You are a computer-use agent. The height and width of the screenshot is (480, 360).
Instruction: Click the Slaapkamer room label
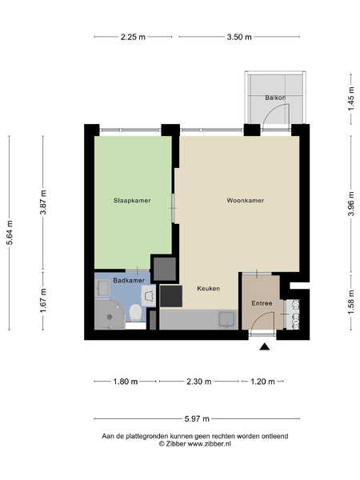(132, 201)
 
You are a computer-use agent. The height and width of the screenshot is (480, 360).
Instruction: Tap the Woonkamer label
(246, 201)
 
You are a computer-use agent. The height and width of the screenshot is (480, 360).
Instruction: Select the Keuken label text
(208, 288)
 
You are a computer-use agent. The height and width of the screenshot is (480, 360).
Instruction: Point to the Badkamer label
(129, 280)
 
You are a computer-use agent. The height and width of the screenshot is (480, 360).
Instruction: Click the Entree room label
(262, 303)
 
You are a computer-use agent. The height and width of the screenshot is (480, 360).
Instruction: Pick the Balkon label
(275, 98)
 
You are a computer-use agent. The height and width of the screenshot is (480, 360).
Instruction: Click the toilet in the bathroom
(135, 313)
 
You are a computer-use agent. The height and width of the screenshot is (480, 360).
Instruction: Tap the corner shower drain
(110, 317)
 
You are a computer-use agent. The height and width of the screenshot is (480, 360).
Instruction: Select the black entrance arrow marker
(265, 346)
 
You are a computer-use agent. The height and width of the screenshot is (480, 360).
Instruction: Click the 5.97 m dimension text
(197, 418)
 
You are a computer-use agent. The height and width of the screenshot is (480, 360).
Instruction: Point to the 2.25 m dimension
(133, 37)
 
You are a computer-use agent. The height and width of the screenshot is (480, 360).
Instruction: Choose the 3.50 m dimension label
(239, 37)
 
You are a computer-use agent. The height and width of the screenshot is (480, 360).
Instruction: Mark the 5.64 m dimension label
(10, 232)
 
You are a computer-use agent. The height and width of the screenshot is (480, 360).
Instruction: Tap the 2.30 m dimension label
(199, 382)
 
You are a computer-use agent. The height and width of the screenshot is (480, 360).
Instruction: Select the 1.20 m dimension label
(262, 382)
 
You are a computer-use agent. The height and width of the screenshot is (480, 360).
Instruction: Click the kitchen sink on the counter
(226, 319)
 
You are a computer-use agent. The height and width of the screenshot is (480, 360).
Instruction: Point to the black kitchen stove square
(171, 296)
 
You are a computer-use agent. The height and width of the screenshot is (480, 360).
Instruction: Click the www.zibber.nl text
(209, 444)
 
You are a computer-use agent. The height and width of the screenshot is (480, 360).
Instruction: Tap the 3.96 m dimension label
(351, 203)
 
